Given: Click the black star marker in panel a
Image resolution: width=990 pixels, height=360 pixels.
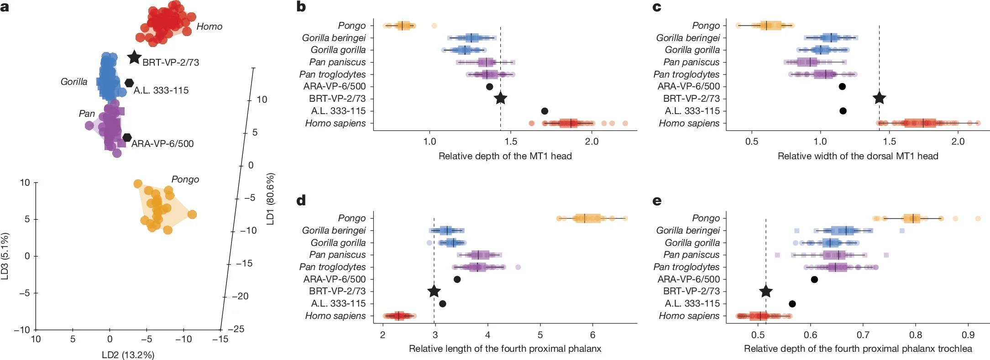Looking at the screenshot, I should (134, 57).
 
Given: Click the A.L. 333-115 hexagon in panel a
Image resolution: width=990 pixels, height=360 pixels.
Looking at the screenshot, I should (129, 83).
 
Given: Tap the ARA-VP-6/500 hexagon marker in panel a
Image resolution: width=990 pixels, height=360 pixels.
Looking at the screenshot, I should (127, 137).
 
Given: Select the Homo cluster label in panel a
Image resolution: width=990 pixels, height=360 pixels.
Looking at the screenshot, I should (209, 26).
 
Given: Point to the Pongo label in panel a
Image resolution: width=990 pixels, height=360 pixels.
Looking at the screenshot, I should (185, 179).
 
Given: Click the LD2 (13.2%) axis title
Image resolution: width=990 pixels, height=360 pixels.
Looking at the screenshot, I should (128, 355).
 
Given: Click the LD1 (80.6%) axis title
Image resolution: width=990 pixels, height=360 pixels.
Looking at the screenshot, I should (270, 198).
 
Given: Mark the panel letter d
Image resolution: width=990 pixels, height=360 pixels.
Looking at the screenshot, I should (301, 201).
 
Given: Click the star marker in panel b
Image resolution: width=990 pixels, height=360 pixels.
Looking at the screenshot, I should (501, 98).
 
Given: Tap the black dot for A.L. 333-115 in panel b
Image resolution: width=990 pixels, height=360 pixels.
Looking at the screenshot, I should (545, 111).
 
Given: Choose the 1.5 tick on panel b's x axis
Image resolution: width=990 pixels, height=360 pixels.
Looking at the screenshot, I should (511, 141).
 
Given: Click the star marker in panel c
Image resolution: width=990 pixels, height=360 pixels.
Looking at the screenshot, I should (879, 98).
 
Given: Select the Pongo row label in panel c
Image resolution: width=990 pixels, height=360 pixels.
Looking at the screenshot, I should (706, 26).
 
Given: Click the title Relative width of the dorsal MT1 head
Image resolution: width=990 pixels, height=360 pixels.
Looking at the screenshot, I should (858, 156).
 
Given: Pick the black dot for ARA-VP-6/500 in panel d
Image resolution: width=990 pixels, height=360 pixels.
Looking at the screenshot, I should (457, 279).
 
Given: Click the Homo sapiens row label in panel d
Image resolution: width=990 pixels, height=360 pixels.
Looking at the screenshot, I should (335, 316).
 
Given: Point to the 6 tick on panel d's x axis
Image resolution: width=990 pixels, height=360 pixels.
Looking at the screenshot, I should (592, 334).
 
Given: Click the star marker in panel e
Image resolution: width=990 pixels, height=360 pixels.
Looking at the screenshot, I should (766, 291).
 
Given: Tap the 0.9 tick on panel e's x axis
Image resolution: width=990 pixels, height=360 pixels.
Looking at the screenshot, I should (968, 334).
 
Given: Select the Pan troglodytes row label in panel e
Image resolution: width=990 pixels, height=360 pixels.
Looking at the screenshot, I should (686, 267).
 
